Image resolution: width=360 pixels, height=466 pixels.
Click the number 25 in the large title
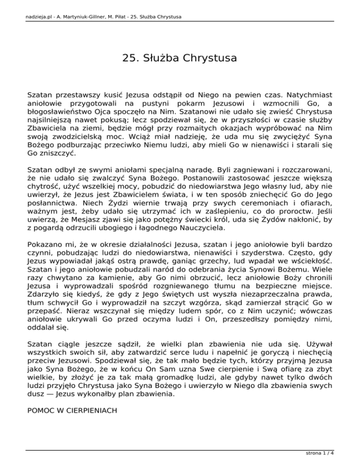pyautogui.click(x=129, y=59)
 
